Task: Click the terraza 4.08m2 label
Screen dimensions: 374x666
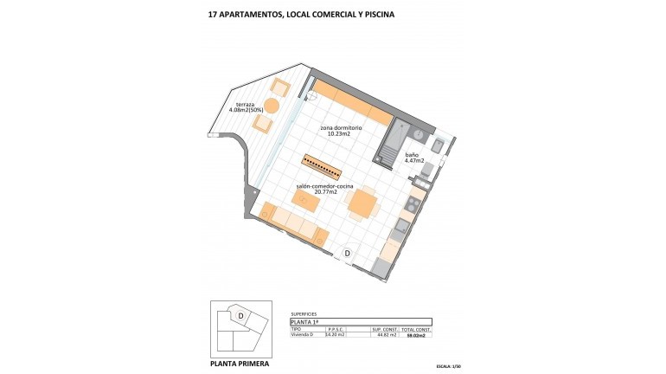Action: [x=247, y=107]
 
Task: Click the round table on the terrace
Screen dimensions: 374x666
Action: [x=272, y=106]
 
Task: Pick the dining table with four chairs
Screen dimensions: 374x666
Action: [x=362, y=204]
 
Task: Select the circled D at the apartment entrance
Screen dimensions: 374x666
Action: [x=348, y=253]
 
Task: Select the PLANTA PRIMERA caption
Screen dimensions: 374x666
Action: [x=240, y=364]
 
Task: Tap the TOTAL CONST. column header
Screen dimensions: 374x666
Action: [x=416, y=329]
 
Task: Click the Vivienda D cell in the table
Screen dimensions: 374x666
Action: [x=304, y=335]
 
